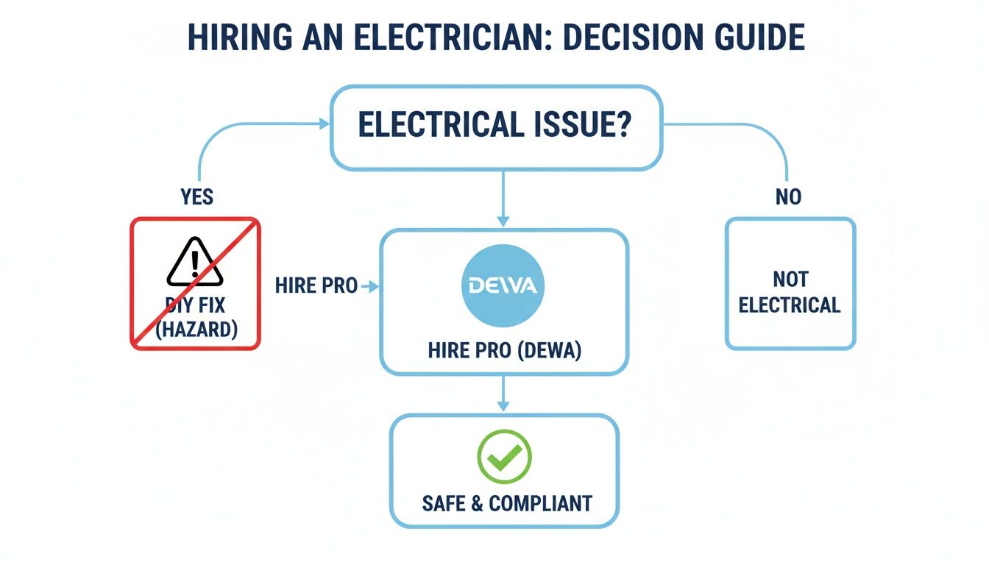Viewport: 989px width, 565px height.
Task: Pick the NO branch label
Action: click(x=787, y=196)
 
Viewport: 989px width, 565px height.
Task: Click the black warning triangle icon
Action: click(x=194, y=262)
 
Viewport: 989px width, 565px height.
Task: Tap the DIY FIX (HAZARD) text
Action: click(x=196, y=316)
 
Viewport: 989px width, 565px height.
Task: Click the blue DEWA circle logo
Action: click(x=503, y=286)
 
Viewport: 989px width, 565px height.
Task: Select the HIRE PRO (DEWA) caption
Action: click(x=504, y=351)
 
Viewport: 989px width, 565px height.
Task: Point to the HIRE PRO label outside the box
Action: click(x=316, y=286)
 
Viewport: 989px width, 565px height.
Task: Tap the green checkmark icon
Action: click(x=504, y=456)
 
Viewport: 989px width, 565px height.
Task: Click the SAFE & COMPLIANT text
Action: click(x=506, y=503)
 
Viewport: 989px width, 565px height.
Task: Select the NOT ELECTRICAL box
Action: click(x=790, y=283)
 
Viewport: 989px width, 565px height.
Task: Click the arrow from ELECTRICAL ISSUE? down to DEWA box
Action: click(x=503, y=199)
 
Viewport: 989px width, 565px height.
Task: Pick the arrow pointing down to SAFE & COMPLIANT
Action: click(x=503, y=394)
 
